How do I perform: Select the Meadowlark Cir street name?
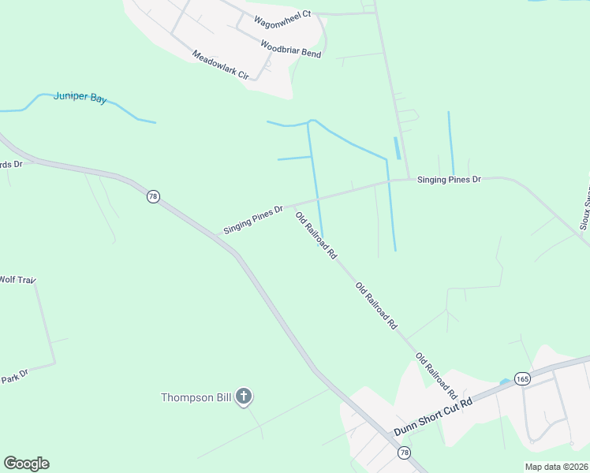pos(220,65)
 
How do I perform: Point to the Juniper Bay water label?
pos(80,97)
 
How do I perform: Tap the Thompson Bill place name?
pos(196,397)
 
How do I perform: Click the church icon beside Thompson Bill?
pos(244,397)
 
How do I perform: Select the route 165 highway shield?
pos(522,379)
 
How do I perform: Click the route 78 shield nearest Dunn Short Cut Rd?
pos(405,453)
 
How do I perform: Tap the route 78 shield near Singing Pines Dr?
pos(153,196)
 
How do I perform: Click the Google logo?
pos(27,464)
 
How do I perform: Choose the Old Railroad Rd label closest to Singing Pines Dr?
pos(316,235)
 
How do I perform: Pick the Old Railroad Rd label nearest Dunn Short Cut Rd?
pos(436,375)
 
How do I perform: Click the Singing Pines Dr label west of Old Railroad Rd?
pos(253,220)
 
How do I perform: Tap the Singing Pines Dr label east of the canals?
pos(449,180)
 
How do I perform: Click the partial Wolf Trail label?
pos(18,280)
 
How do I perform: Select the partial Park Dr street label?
pos(13,374)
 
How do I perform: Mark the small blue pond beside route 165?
pos(505,382)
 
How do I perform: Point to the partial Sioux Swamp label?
pos(584,209)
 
